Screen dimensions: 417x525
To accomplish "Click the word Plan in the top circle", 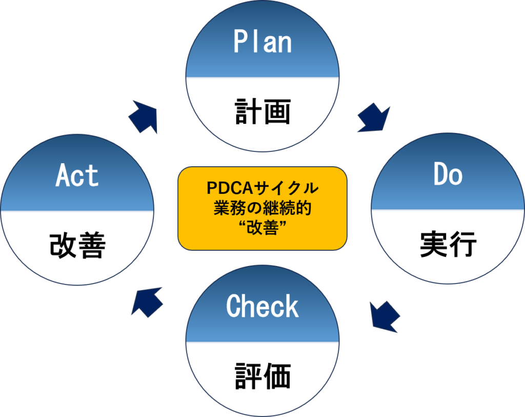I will (x=262, y=43).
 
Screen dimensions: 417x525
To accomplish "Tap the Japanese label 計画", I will (x=262, y=112).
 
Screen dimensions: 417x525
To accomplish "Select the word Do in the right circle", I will (x=448, y=175).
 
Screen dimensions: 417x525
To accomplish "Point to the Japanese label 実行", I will (x=448, y=245).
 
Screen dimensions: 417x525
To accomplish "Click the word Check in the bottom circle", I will (x=262, y=306).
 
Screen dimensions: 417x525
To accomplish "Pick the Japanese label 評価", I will (x=262, y=376).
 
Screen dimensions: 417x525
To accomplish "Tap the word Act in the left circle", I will (x=77, y=176).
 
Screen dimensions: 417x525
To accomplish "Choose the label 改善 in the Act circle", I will (x=77, y=246).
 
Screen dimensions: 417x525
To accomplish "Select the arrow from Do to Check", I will (x=385, y=316).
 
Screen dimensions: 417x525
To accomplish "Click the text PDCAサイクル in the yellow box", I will (x=262, y=189).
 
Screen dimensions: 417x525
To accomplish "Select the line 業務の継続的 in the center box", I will (x=262, y=208).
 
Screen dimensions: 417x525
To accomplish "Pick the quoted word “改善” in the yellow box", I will (x=262, y=228).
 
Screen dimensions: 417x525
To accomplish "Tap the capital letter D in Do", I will (x=440, y=175).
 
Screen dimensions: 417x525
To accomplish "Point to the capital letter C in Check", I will (x=233, y=306).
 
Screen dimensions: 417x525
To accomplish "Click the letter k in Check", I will (x=292, y=306).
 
